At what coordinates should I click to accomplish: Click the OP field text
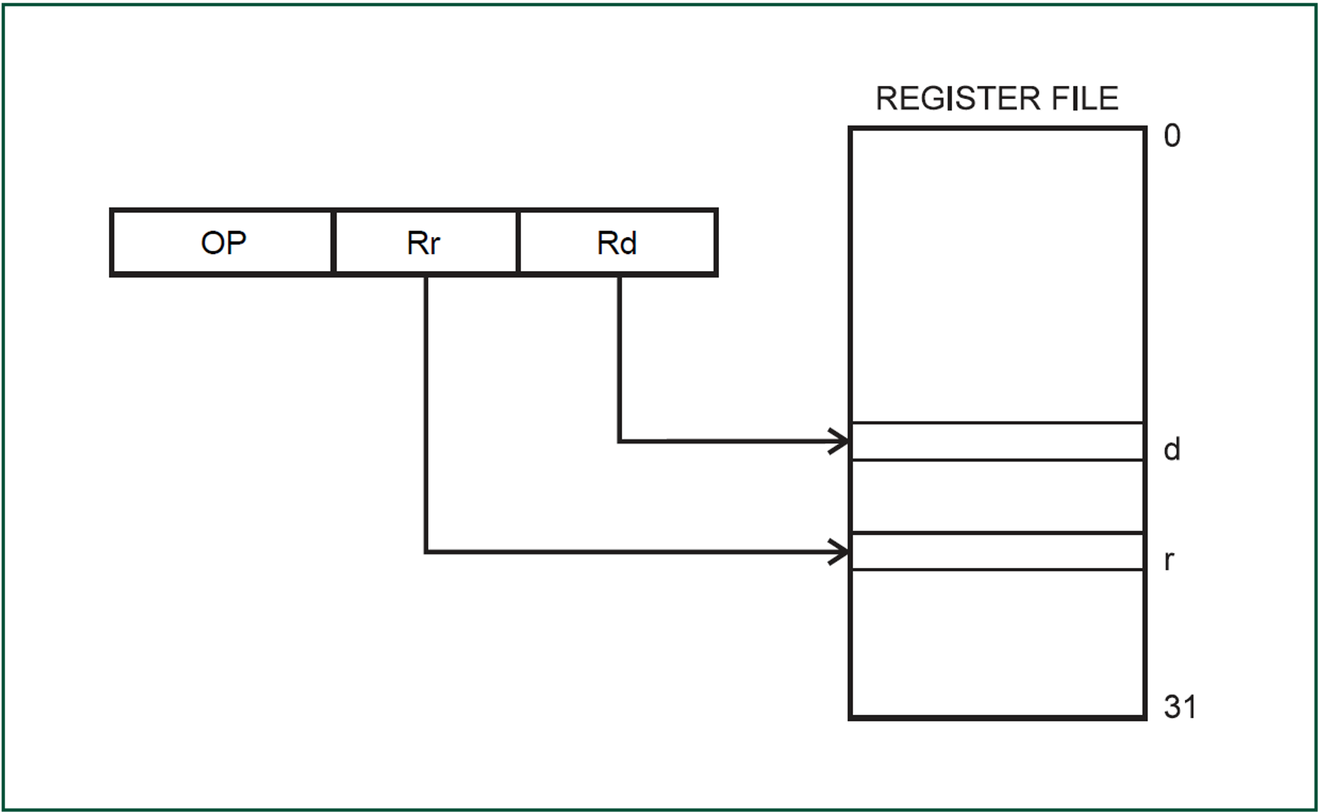223,243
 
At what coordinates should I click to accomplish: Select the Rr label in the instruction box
423,243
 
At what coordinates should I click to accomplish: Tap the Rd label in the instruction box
617,243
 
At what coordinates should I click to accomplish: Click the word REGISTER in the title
958,99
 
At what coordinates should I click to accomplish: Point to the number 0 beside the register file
1172,136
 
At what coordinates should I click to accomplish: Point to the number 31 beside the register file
1180,707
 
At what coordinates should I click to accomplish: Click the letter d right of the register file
1172,450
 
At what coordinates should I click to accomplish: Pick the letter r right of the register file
1168,561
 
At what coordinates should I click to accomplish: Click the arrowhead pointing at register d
840,441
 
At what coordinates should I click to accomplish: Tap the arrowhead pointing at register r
840,552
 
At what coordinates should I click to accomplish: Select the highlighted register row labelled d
997,441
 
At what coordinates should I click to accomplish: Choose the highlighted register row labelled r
997,552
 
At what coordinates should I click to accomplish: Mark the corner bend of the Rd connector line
619,441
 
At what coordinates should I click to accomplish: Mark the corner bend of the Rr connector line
426,552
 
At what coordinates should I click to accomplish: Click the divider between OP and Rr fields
334,242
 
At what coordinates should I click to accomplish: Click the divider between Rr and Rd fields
518,242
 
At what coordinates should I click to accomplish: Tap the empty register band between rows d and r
997,496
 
